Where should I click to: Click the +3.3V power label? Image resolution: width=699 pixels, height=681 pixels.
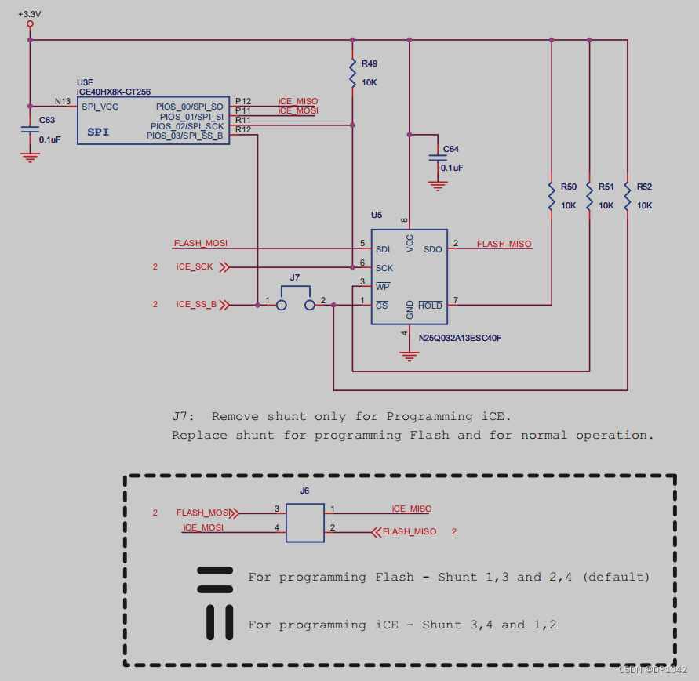30,13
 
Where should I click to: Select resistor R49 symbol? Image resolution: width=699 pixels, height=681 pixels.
353,73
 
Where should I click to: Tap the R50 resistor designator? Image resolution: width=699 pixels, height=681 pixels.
568,187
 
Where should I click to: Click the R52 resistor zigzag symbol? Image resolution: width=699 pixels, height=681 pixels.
628,196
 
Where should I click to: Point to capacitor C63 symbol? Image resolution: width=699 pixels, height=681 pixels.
30,131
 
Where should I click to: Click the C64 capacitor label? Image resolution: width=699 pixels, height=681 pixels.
451,149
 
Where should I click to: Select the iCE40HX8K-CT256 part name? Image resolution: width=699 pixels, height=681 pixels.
114,92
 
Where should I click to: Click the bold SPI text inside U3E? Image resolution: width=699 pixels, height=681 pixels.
98,132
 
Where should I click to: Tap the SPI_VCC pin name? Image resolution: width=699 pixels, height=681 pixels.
100,107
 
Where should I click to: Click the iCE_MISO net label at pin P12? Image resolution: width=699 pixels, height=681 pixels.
298,102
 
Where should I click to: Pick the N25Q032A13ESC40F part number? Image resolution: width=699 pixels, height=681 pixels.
460,338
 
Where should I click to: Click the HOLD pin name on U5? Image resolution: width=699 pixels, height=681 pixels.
430,306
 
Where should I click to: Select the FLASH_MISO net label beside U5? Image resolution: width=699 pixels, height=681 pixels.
504,244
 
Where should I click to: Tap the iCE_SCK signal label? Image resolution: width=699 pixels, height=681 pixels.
195,267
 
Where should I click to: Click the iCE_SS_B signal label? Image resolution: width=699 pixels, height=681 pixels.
196,304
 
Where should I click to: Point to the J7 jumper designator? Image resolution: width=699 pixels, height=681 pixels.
295,277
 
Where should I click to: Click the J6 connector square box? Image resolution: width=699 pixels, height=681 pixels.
305,523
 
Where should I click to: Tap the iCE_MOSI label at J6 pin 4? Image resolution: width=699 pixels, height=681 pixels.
203,527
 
